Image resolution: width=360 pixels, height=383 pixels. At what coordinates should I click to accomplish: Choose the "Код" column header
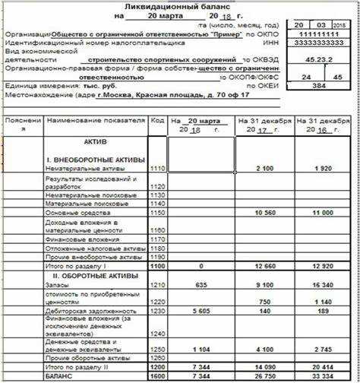(157, 121)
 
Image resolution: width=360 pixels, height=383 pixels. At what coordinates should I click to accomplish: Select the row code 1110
(157, 166)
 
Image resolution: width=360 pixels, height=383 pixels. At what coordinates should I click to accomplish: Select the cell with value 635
(201, 285)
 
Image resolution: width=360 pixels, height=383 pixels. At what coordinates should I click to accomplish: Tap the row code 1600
(157, 375)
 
